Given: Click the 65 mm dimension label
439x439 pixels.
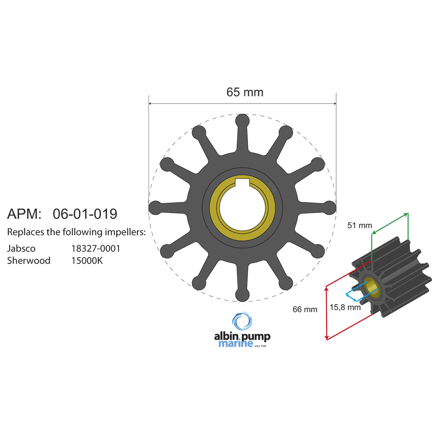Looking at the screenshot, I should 245,92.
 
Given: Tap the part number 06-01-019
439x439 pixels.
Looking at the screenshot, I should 85,214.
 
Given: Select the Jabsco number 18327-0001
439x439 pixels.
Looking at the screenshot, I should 96,248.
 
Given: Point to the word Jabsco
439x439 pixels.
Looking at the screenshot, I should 21,248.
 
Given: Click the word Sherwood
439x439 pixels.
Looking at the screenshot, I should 29,261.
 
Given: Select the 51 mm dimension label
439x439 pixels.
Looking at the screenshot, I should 359,226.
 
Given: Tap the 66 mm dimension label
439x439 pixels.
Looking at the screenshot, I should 305,309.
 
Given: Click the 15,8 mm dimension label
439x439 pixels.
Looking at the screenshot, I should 345,307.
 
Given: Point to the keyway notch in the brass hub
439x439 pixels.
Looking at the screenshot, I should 242,182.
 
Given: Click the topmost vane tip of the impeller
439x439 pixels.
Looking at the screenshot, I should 242,120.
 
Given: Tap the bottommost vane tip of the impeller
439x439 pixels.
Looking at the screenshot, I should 242,295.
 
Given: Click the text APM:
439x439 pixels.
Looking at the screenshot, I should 24,214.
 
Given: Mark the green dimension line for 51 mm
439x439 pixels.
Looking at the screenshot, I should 390,223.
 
